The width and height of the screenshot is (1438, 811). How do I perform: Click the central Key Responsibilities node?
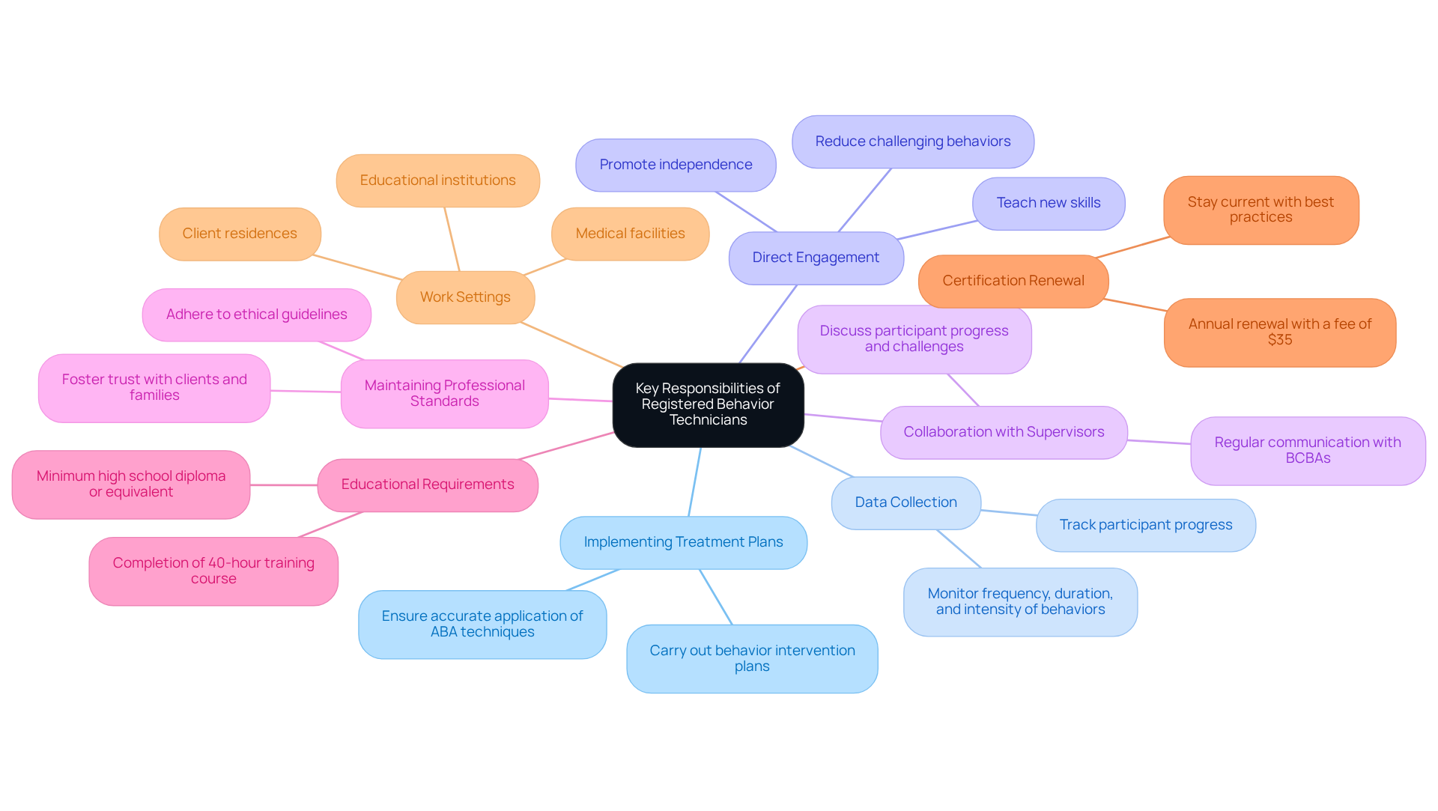[x=708, y=404]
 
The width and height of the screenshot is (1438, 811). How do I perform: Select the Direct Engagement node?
[x=816, y=258]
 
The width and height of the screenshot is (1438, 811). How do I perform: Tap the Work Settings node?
[x=465, y=297]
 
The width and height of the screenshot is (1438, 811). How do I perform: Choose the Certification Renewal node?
[x=1013, y=281]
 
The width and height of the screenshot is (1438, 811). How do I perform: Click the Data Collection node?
[x=905, y=502]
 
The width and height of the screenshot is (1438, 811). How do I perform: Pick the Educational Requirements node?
[x=427, y=485]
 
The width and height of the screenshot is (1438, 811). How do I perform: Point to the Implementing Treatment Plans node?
[x=683, y=542]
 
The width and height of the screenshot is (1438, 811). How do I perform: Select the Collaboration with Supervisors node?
[x=1004, y=432]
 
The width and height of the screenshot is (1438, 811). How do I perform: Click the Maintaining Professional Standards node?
[x=444, y=393]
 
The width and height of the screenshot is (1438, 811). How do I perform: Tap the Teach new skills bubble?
[x=1048, y=203]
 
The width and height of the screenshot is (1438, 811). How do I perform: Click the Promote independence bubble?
[x=676, y=165]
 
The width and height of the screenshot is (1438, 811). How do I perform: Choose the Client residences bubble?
[x=240, y=234]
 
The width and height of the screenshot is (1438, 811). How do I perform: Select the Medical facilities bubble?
[x=630, y=234]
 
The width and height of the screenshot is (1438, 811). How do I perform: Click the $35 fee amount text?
[x=1280, y=340]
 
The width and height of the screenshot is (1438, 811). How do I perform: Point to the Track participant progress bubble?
[x=1145, y=525]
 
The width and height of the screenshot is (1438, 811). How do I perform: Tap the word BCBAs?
[x=1308, y=458]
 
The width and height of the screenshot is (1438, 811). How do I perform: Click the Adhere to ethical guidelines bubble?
[x=256, y=315]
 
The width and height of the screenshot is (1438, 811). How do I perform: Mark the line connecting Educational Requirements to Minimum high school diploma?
[x=284, y=485]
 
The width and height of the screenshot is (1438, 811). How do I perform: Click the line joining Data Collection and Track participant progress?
[x=1009, y=513]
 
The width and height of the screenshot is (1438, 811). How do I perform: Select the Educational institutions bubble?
[x=437, y=180]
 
